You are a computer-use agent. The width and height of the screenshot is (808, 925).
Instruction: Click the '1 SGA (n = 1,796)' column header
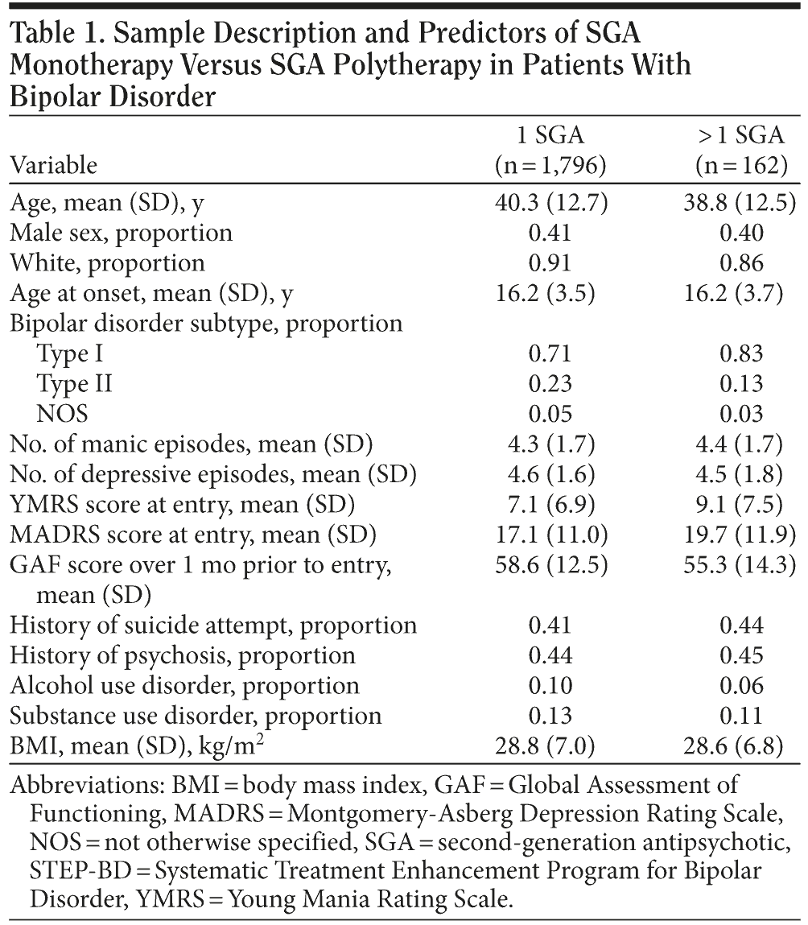click(x=550, y=149)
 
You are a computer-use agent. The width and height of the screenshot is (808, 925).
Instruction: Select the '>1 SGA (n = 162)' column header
click(x=740, y=149)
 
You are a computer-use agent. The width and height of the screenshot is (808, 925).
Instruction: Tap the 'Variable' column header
click(x=53, y=165)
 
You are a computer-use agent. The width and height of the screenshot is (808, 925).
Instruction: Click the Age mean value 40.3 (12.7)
click(x=550, y=203)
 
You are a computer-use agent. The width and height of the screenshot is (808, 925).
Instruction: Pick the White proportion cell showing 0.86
click(x=740, y=263)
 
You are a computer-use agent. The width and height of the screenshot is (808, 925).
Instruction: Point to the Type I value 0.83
click(x=740, y=353)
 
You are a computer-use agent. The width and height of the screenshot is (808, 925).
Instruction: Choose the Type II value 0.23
click(x=550, y=384)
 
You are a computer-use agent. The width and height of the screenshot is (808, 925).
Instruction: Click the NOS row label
click(x=62, y=414)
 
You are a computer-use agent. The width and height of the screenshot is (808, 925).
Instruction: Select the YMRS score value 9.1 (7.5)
click(x=740, y=505)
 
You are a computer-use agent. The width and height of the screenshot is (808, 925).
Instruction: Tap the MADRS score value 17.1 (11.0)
click(x=550, y=535)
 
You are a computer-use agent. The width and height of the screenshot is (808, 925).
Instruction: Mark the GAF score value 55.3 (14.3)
click(x=740, y=565)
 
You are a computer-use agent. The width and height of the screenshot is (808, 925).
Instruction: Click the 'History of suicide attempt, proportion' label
click(x=213, y=626)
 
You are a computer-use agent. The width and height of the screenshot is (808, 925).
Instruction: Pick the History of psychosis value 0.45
click(x=740, y=655)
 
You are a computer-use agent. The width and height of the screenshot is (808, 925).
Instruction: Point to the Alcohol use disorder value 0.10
click(x=550, y=686)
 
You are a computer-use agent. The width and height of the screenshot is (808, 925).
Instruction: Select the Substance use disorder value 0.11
click(x=740, y=716)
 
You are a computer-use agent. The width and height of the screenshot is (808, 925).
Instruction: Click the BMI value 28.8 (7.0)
click(x=550, y=746)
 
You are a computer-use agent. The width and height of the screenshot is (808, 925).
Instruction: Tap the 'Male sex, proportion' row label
click(x=121, y=233)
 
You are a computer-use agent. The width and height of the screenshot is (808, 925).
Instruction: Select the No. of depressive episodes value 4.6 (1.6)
click(x=550, y=474)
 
